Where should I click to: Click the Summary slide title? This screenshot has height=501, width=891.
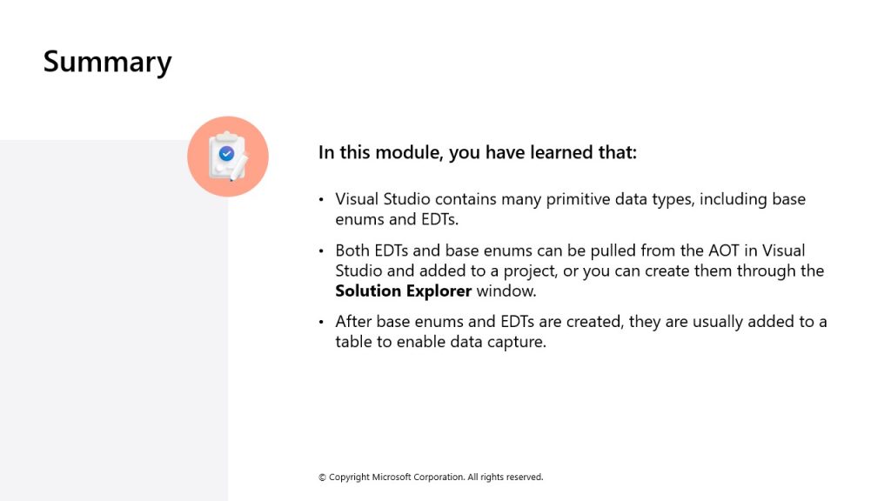107,63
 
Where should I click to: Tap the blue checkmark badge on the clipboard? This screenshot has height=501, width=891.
226,153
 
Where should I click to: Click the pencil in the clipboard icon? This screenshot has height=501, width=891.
238,168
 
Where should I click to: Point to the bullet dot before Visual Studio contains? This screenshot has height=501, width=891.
321,199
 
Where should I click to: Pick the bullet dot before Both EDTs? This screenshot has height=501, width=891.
321,250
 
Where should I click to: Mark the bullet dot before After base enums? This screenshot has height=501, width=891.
321,322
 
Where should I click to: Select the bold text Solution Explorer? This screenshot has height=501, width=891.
404,291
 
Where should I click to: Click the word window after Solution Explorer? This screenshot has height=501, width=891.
506,291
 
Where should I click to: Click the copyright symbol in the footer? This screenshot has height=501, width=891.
322,478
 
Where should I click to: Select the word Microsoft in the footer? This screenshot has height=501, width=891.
392,478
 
